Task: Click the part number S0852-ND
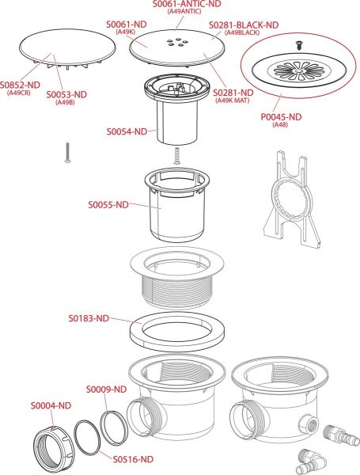click(x=20, y=85)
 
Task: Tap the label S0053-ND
click(x=66, y=94)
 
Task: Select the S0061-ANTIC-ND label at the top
click(x=187, y=4)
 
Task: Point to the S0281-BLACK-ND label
click(x=244, y=25)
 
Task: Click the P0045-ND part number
click(x=282, y=116)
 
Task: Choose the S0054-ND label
click(x=127, y=131)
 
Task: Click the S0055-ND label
click(x=108, y=204)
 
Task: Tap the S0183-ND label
click(x=89, y=318)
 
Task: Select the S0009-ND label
click(x=106, y=389)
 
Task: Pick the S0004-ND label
click(x=51, y=405)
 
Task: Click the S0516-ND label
click(x=133, y=459)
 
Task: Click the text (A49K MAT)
click(x=233, y=101)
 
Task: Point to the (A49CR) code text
click(x=19, y=93)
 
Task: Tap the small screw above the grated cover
click(x=298, y=45)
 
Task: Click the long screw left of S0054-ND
click(x=67, y=153)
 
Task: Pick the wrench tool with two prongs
click(x=291, y=200)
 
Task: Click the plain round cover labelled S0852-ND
click(x=67, y=47)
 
